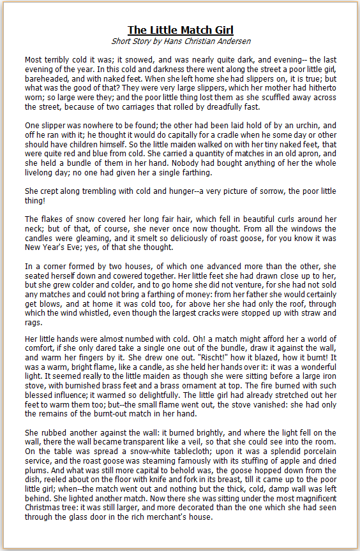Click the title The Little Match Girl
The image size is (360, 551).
tap(180, 30)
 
